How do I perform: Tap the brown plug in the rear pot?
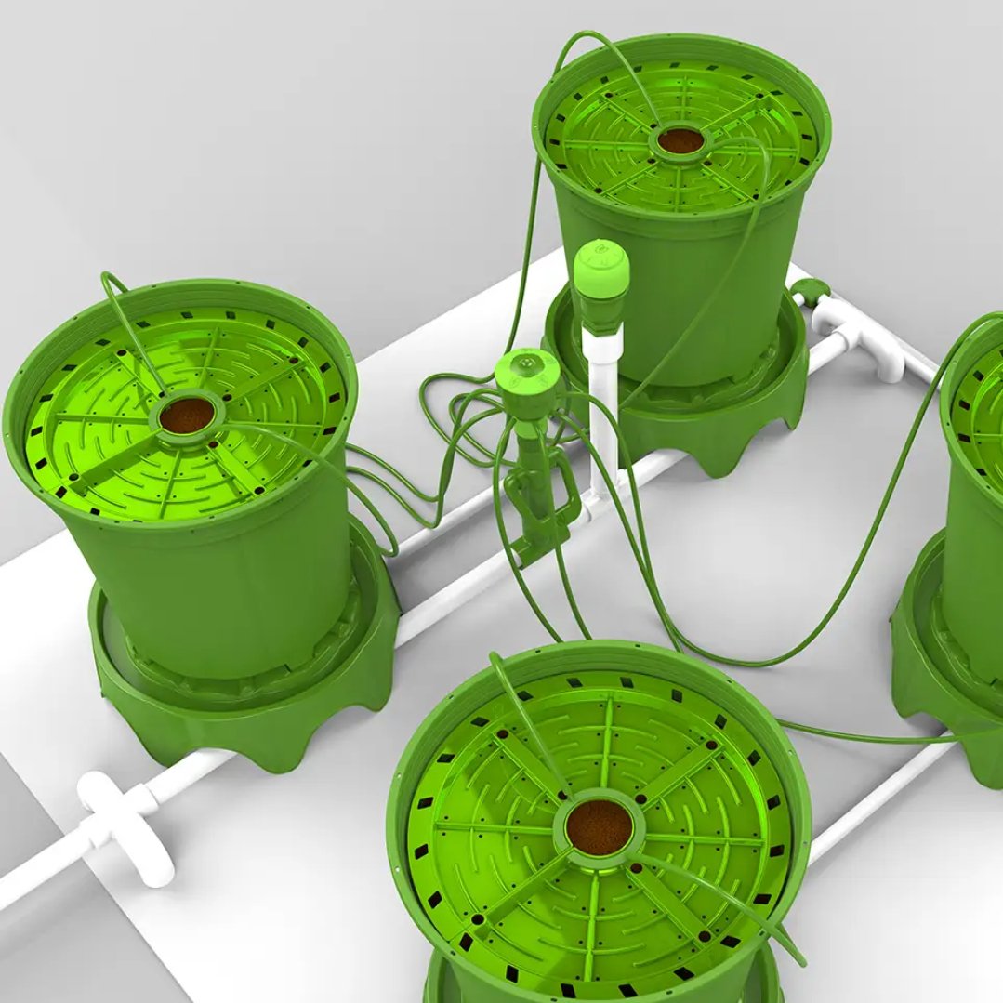pos(681,141)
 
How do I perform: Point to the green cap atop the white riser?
pos(600,271)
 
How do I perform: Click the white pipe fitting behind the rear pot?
pos(855,335)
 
